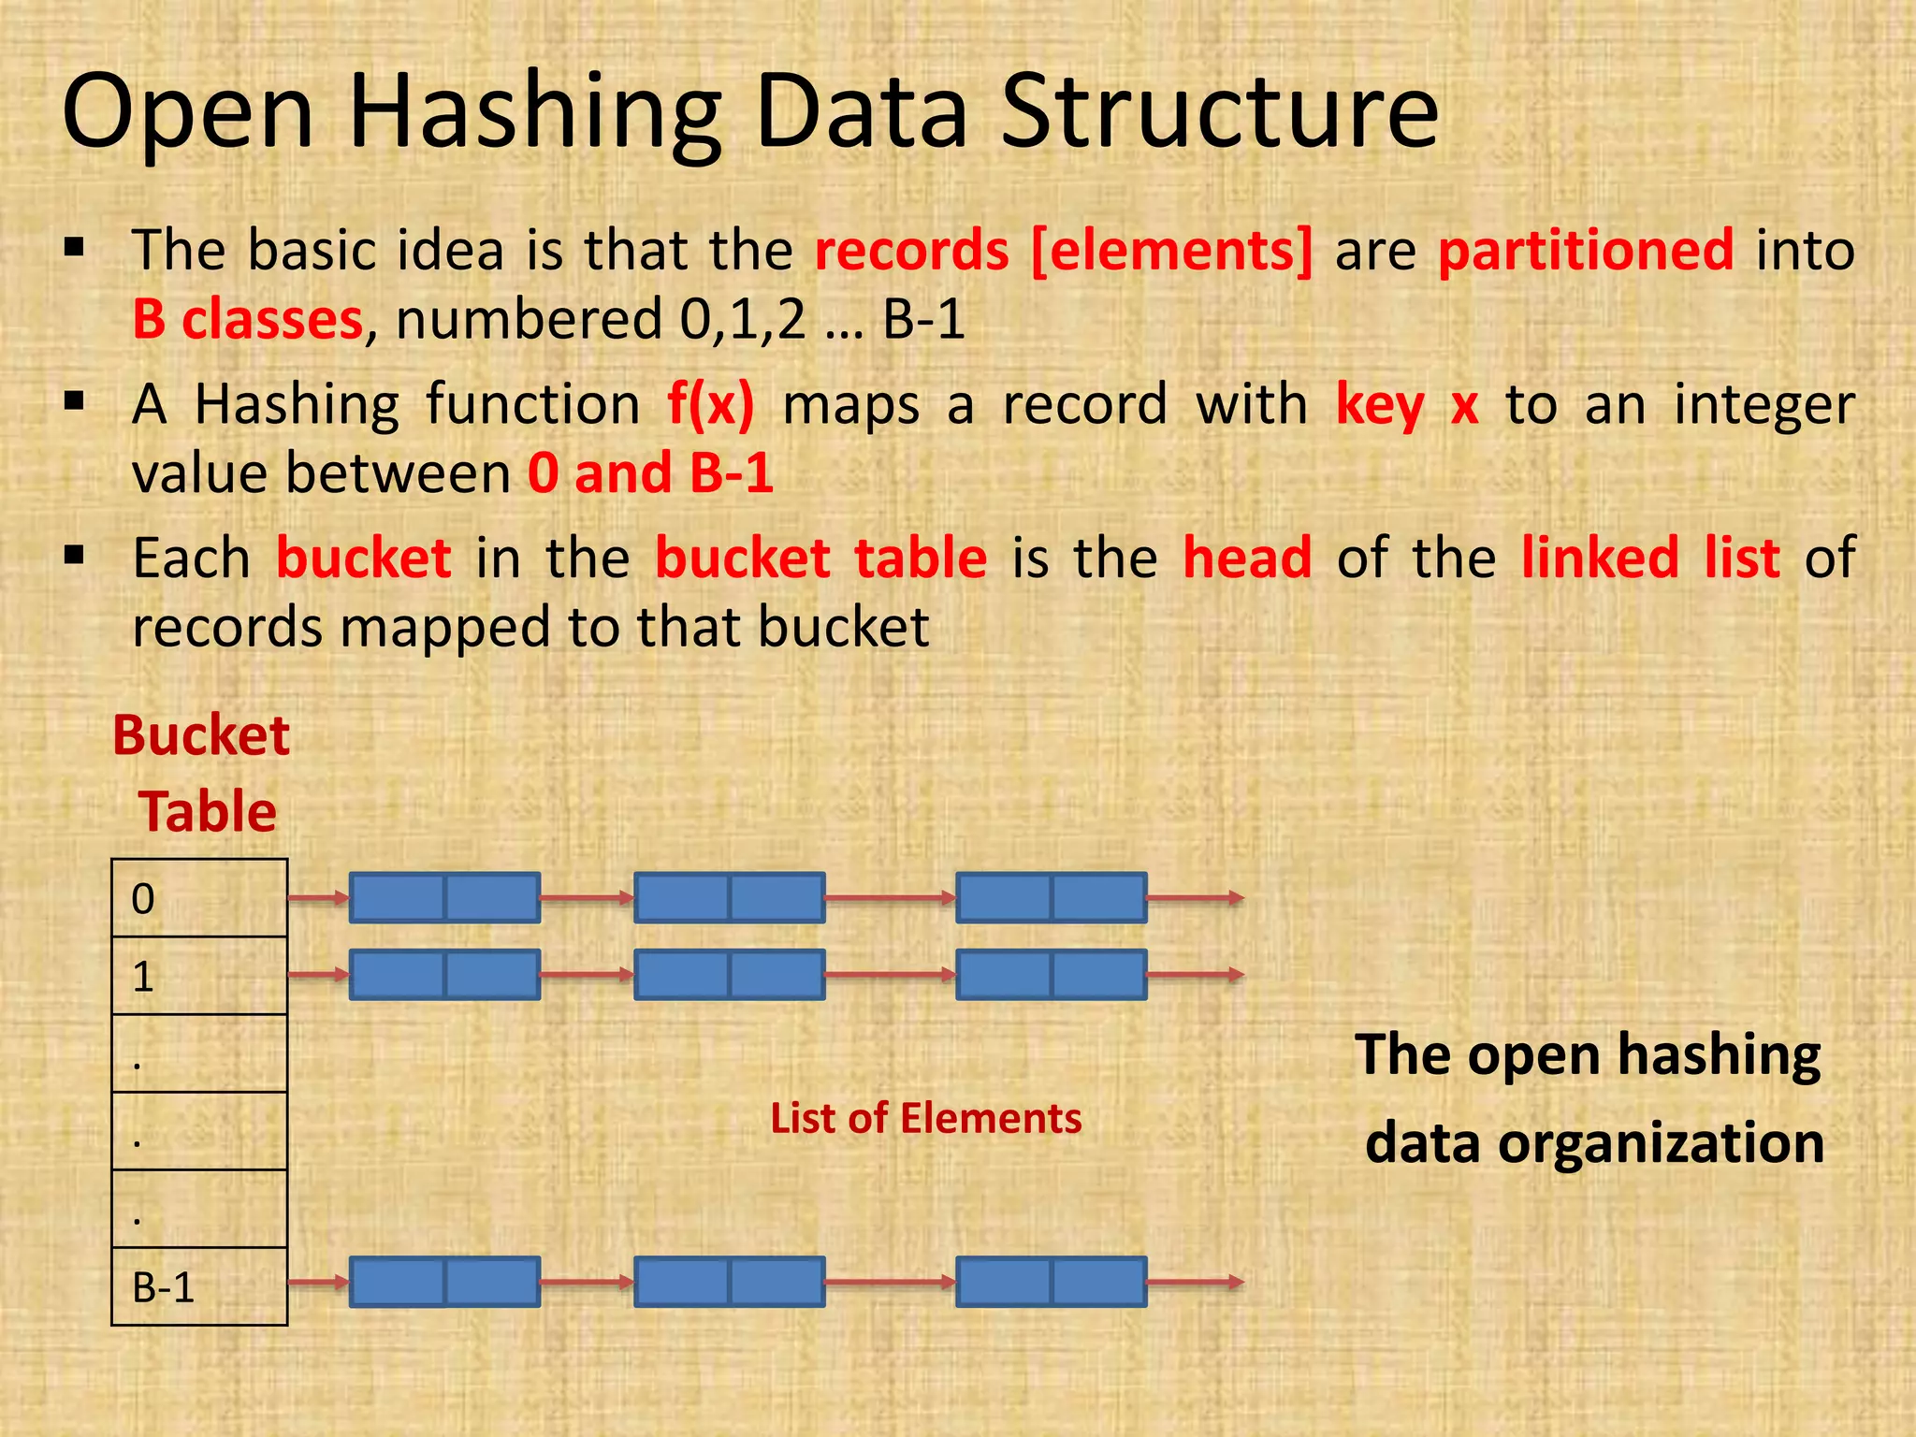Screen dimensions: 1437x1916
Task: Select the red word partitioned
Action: [1586, 250]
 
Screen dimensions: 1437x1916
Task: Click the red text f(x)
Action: [710, 405]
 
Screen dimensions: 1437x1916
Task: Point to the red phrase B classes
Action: [247, 320]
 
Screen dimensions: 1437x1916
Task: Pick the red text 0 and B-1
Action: [650, 472]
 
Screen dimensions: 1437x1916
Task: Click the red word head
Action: [1247, 559]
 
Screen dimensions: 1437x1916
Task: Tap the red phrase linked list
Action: [1649, 559]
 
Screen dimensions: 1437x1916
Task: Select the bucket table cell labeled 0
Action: [199, 898]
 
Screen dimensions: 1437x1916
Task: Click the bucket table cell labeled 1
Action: [199, 976]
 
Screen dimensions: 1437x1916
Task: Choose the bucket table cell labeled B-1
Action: [199, 1286]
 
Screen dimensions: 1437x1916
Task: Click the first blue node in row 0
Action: [444, 898]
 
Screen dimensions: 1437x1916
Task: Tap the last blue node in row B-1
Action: [1051, 1282]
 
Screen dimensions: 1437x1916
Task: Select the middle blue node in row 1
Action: [729, 975]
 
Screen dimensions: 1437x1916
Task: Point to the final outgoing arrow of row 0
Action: [1195, 898]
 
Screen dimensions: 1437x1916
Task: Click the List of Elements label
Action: [925, 1119]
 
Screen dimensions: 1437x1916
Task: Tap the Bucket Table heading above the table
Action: [202, 773]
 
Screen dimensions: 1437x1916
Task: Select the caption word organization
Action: [1661, 1143]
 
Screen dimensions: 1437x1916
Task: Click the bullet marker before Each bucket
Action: [75, 558]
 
